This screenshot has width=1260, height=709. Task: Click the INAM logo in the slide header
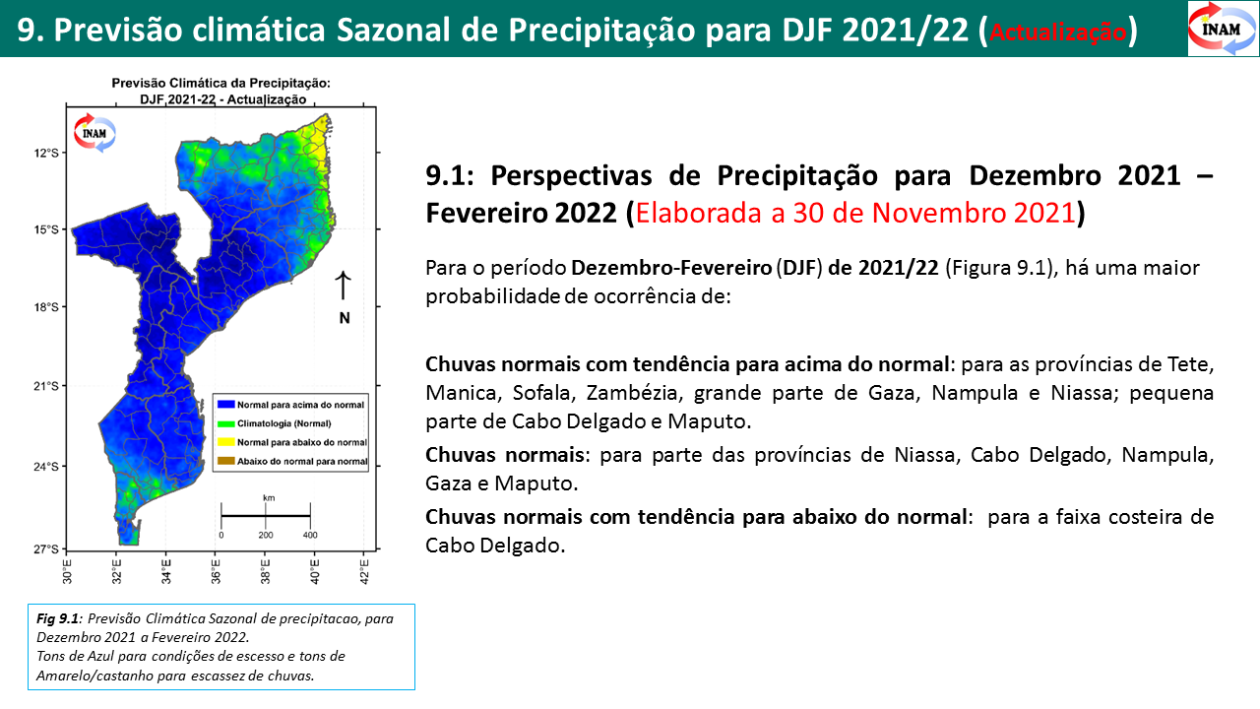point(1223,29)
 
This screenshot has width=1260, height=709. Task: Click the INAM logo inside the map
point(94,133)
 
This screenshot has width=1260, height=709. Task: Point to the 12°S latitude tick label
point(47,153)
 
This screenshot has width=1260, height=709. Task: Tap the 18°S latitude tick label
point(47,306)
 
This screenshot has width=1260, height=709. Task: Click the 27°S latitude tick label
point(47,548)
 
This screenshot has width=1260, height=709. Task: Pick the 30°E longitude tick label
point(67,571)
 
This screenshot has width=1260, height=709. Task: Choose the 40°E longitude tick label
point(314,571)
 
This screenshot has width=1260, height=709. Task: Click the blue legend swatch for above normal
point(225,404)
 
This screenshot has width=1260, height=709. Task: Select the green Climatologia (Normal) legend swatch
point(225,423)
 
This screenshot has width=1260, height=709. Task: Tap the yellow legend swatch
point(225,442)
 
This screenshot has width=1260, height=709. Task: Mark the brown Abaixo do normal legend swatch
point(225,461)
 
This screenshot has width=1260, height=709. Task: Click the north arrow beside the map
point(344,286)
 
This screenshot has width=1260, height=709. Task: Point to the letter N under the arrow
point(345,318)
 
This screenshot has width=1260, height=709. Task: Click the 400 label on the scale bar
point(310,535)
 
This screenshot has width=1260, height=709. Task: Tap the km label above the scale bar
point(269,497)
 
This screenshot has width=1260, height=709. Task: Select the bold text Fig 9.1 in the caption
point(58,618)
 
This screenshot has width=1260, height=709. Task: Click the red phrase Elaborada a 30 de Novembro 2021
point(855,213)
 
